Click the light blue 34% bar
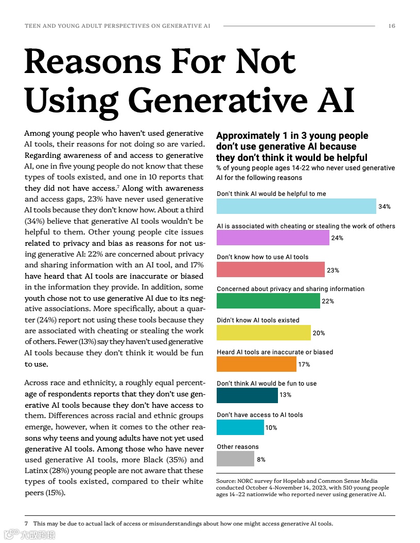tap(296, 206)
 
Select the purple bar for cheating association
tap(273, 238)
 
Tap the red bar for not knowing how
tap(271, 269)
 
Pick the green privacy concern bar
tap(268, 301)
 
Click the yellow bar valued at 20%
tap(264, 333)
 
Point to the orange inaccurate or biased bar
tap(256, 364)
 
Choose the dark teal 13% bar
tap(247, 395)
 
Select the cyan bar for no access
tap(240, 427)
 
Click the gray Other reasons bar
tap(235, 459)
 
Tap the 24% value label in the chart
tap(338, 238)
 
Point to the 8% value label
tap(261, 460)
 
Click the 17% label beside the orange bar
tap(304, 365)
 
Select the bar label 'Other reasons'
tap(238, 447)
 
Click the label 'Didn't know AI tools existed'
tap(258, 320)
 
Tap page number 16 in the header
tap(392, 26)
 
